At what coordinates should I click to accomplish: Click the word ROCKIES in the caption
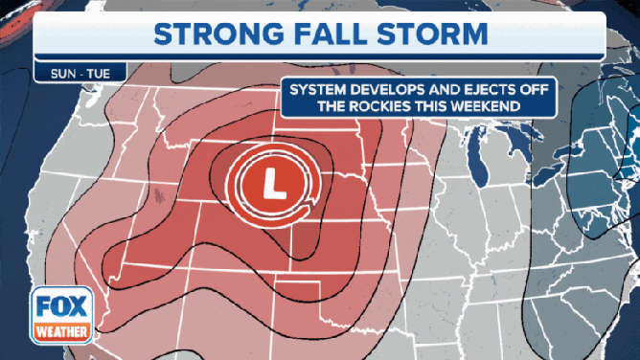tap(376, 106)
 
